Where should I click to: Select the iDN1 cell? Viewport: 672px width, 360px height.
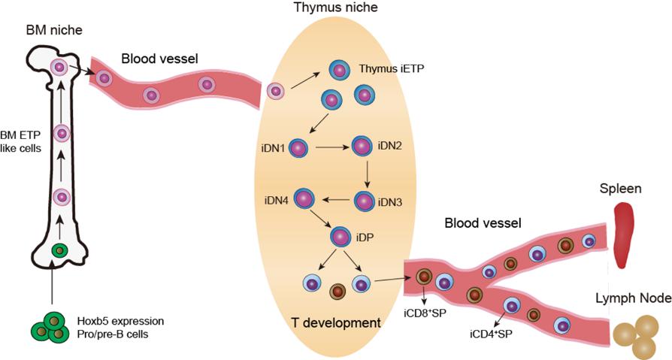click(299, 149)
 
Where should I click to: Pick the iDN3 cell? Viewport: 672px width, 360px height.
click(365, 201)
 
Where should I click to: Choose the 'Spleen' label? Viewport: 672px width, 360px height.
click(619, 189)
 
